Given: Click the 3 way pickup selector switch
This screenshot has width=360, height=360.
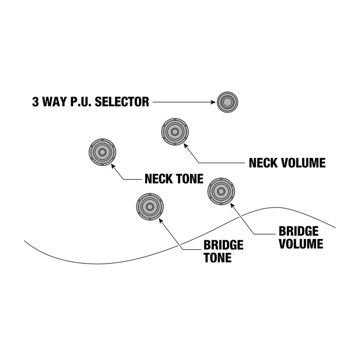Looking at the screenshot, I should pos(227,102).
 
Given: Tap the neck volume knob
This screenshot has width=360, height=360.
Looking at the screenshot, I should pos(175,132).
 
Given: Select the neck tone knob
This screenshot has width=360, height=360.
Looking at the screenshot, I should pos(102,152).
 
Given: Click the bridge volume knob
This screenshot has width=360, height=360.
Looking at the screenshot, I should pos(221,191).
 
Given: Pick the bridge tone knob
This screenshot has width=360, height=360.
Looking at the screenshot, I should pos(150,207).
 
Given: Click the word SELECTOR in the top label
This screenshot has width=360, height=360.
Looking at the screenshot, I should pos(122,102).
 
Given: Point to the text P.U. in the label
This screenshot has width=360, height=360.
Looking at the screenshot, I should pos(82,102).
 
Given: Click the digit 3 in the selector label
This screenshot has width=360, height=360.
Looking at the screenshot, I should pos(35,102).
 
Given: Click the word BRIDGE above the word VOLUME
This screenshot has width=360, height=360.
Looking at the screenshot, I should pos(298,231).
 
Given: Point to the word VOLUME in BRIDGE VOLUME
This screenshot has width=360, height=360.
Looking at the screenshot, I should pos(301,244).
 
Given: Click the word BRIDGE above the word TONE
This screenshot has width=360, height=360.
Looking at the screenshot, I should pos(223,245).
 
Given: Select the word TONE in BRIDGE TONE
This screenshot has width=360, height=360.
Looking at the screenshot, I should pos(218,257).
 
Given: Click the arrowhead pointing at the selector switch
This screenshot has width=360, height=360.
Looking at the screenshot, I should pos(213,102).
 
